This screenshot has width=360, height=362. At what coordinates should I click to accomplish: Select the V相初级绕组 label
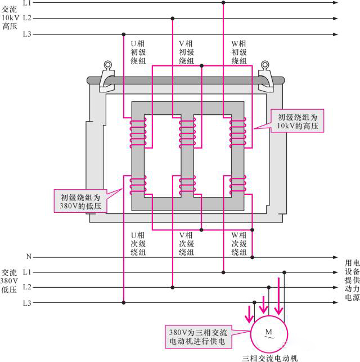(186, 52)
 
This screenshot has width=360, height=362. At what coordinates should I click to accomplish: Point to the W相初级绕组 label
(239, 52)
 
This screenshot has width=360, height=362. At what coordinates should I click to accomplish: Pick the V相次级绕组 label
(186, 243)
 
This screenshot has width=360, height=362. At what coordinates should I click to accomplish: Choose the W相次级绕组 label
(239, 243)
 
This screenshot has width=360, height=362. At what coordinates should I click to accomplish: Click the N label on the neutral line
(28, 257)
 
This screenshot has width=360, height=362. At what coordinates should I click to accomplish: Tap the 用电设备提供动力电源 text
(352, 279)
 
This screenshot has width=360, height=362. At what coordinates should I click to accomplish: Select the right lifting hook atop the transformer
(264, 76)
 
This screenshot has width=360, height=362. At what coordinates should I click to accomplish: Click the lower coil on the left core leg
(138, 185)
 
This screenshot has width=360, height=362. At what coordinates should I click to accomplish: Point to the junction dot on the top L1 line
(223, 3)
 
